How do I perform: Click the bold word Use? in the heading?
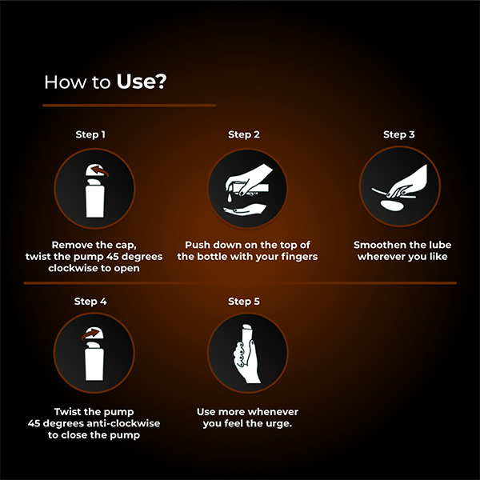point(142,82)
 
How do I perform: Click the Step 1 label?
point(90,134)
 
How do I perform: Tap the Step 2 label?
point(244,134)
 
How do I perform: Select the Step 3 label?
point(398,134)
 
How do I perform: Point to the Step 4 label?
point(90,302)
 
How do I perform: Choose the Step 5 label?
point(244,302)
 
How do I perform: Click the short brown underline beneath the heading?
point(129,105)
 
